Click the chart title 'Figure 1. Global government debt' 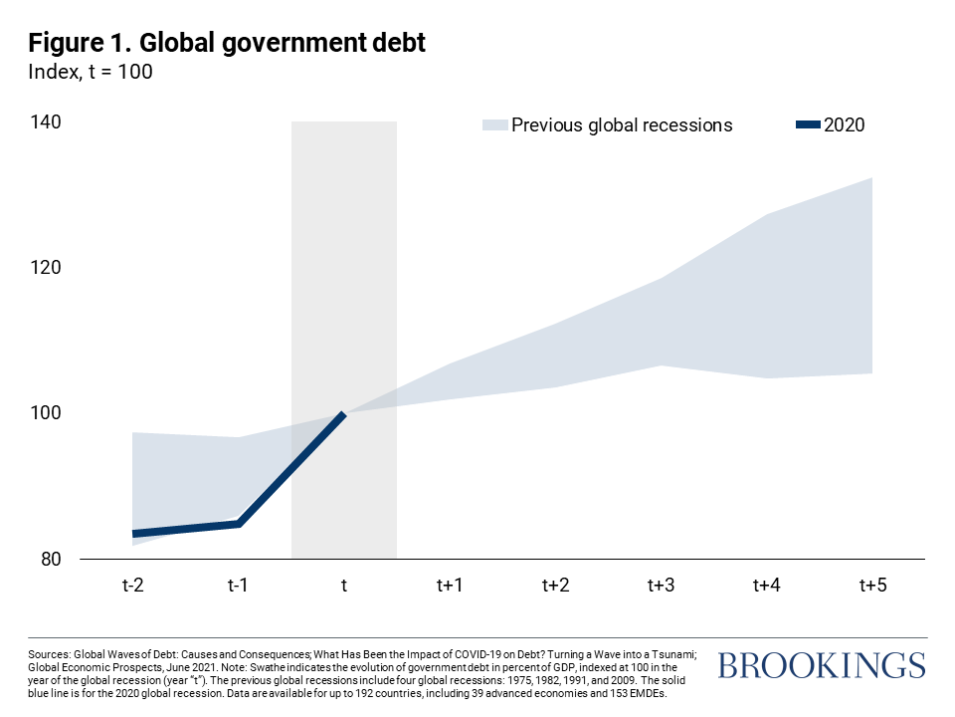tap(228, 44)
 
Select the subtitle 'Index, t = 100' tap(90, 73)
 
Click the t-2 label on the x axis tap(132, 585)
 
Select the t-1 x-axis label tap(238, 585)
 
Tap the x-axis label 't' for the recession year tap(343, 585)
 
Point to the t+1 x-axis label tap(450, 585)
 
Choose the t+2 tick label tap(555, 585)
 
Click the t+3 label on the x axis tap(661, 585)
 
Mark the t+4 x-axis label tap(766, 585)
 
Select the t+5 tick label tap(872, 585)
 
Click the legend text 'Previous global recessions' tap(622, 125)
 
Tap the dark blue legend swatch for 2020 tap(808, 125)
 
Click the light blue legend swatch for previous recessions tap(493, 125)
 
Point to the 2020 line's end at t tap(343, 413)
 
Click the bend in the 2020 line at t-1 tap(239, 523)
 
